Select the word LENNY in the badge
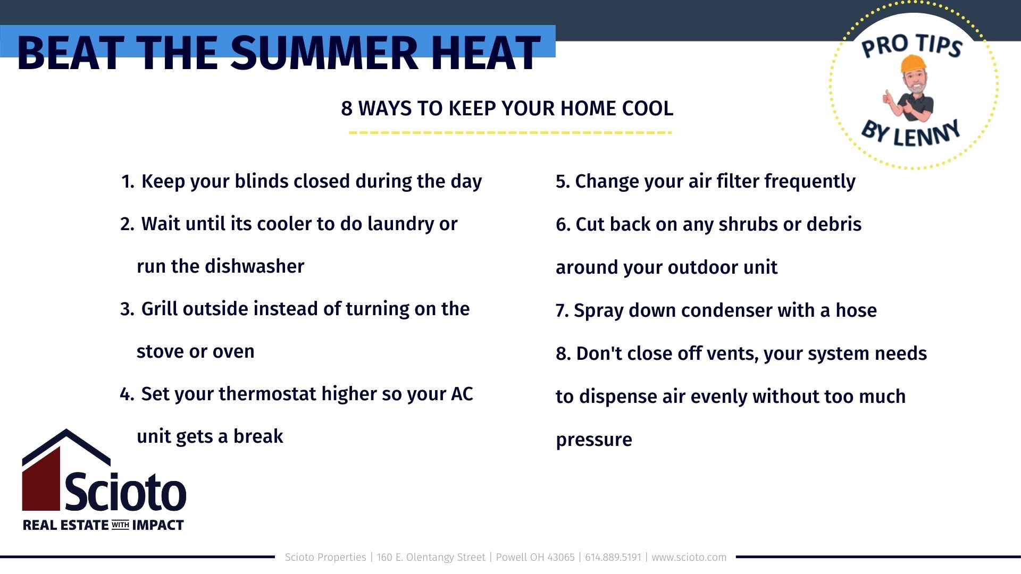click(927, 134)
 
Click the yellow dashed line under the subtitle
click(510, 132)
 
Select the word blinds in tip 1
click(262, 181)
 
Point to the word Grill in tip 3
click(159, 309)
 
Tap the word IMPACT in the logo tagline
click(158, 525)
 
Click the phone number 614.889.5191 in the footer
click(613, 557)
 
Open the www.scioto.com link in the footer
click(689, 557)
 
